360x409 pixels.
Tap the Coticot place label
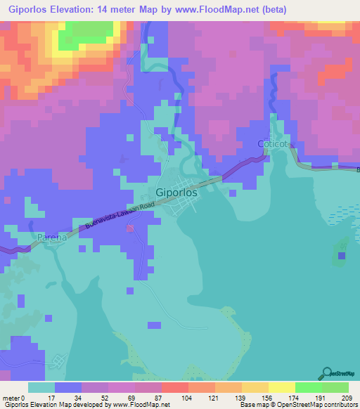click(273, 143)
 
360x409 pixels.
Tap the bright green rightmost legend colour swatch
click(336, 387)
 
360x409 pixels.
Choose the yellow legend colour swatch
click(281, 387)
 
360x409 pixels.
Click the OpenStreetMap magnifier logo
click(327, 373)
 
